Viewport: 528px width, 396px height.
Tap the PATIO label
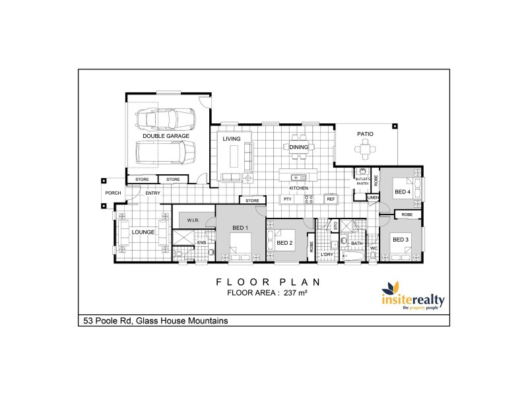click(x=365, y=134)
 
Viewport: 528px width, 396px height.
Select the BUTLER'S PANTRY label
click(x=362, y=181)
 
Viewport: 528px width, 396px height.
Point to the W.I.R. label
click(x=193, y=220)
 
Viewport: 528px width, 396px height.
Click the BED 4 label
click(x=403, y=192)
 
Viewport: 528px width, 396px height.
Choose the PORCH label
click(x=112, y=193)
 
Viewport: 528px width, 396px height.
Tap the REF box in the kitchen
click(x=331, y=199)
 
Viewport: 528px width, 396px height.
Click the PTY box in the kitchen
click(x=287, y=199)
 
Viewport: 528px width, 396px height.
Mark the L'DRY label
click(x=326, y=254)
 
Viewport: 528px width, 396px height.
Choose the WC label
click(x=373, y=249)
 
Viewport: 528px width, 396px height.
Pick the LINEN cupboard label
click(x=373, y=197)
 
